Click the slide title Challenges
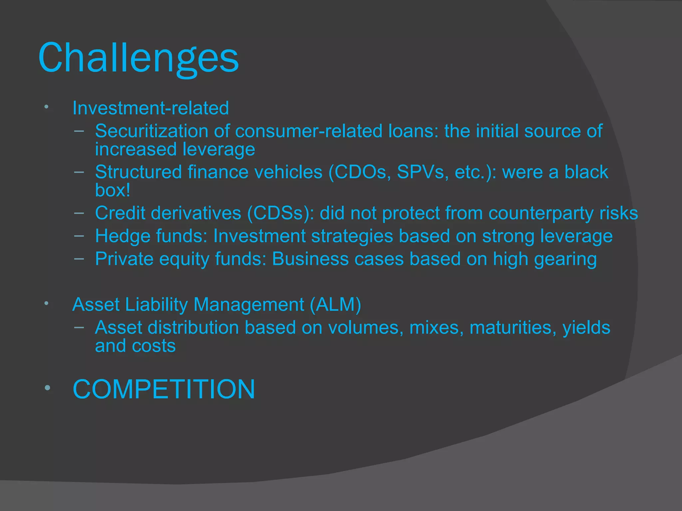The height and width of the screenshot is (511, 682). coord(139,58)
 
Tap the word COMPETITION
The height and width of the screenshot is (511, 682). coord(164,389)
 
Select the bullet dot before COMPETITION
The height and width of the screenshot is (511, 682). coord(47,388)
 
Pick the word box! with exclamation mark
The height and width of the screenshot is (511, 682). coord(113,190)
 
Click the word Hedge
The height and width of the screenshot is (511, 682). coord(123,236)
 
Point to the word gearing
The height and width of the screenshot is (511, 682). coord(565,259)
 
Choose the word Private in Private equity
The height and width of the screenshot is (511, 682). coord(124,259)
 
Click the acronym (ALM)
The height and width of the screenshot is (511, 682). coord(335,305)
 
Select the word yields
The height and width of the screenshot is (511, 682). coord(586,328)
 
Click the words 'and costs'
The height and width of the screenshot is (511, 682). coord(135,346)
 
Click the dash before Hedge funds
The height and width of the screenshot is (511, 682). coord(79,236)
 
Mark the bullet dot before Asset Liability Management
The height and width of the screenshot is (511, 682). coord(47,303)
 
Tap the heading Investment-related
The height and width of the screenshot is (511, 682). coord(151,108)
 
